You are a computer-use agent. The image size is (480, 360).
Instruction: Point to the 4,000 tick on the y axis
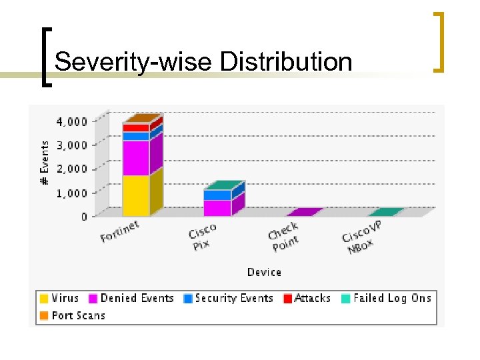(70, 121)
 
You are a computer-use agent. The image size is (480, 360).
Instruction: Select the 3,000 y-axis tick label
(70, 145)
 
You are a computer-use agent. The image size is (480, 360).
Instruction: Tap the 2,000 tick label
(70, 169)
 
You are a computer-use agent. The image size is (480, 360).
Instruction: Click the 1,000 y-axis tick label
(70, 193)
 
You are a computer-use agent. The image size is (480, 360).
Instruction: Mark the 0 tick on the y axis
(84, 217)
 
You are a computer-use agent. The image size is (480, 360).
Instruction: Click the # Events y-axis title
(44, 163)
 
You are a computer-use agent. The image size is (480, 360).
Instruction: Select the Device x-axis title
(264, 272)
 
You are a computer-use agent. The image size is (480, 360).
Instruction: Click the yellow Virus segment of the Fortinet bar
(135, 195)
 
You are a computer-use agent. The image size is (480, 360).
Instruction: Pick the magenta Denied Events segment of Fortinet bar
(135, 157)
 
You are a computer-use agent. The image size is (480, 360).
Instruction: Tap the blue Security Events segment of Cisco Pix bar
(217, 195)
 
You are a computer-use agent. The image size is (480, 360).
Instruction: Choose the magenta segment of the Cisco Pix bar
(217, 208)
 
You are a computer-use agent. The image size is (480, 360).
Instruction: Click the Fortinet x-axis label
(120, 232)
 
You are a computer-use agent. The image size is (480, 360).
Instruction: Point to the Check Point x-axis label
(284, 237)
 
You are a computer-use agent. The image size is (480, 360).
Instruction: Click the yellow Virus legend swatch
(44, 299)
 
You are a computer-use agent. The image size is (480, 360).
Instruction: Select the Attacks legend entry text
(312, 299)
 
